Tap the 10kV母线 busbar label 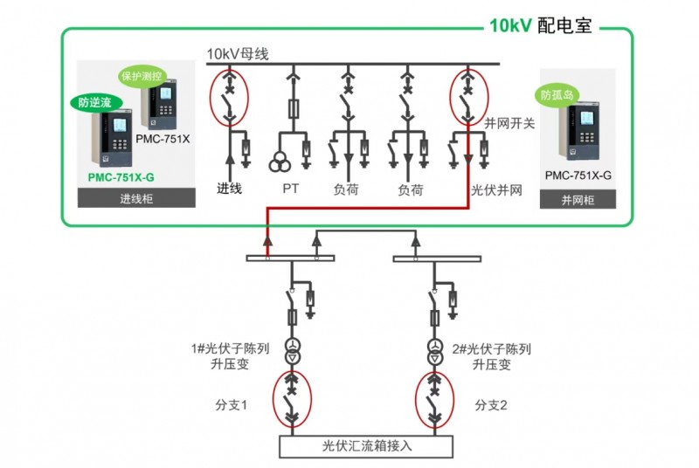coord(237,54)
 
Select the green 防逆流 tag coord(95,102)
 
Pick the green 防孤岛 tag coord(557,94)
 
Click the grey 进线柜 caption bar coord(136,199)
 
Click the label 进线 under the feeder coord(229,189)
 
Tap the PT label coord(291,189)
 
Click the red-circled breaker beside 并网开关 coord(467,95)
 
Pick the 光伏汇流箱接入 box coord(367,445)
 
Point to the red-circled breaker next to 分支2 coord(433,403)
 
